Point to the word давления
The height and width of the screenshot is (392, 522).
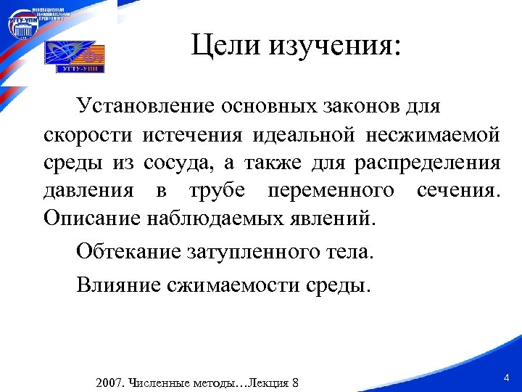coord(88,191)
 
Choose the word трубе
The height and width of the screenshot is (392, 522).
coord(217,191)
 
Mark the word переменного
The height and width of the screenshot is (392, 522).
coord(331,191)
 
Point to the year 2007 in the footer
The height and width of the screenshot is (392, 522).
coord(109,383)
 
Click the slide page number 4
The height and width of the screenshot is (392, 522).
coord(506,377)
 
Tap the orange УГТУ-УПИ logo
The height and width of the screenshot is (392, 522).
coord(75,57)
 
